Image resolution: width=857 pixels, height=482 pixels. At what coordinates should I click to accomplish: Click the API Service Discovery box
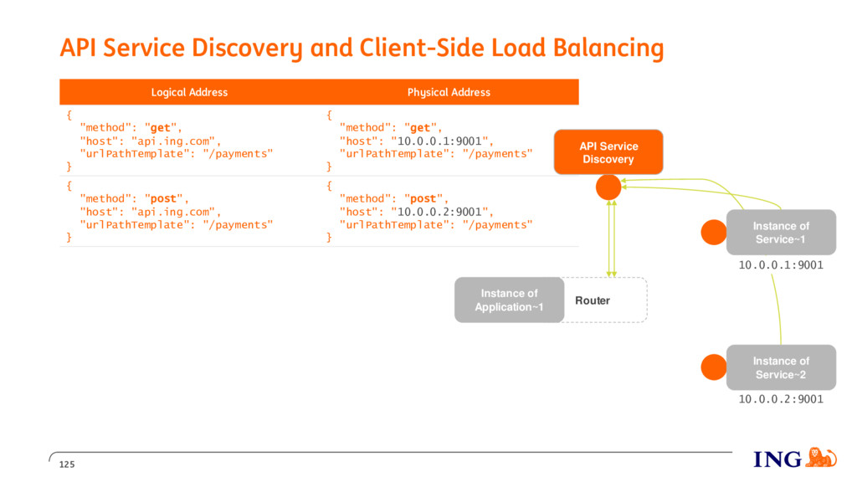click(x=608, y=152)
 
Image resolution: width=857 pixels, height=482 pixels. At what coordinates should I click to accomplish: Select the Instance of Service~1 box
click(x=781, y=233)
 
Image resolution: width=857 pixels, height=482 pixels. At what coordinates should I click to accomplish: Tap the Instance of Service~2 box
click(x=781, y=367)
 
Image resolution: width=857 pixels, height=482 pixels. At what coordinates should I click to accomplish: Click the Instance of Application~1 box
click(x=510, y=300)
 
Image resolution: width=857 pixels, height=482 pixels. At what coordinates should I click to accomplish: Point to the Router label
click(x=593, y=300)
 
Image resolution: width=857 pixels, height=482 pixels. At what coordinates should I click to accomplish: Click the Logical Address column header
click(x=190, y=92)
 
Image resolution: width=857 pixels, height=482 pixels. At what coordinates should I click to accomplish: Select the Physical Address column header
click(x=449, y=92)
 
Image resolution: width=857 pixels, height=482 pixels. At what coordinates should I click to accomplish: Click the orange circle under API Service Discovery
click(x=608, y=187)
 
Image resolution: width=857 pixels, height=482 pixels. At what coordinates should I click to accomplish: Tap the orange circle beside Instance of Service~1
click(x=714, y=233)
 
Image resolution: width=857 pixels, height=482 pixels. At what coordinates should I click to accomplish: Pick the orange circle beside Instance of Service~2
click(x=714, y=367)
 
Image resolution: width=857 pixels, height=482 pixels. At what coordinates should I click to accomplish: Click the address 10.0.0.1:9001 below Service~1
click(x=781, y=265)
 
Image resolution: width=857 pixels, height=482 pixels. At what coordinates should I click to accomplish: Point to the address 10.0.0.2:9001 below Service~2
click(x=781, y=399)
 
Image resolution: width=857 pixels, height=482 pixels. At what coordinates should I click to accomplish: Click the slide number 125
click(x=67, y=464)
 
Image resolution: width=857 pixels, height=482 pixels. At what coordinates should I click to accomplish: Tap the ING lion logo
click(x=821, y=458)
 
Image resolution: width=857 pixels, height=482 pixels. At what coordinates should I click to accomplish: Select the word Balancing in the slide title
click(x=608, y=48)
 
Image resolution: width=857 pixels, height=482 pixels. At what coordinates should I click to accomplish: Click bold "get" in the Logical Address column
click(x=160, y=128)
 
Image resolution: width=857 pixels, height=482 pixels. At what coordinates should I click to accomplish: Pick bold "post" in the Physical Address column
click(x=423, y=199)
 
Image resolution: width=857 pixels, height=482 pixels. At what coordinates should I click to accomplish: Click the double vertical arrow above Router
click(x=612, y=238)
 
